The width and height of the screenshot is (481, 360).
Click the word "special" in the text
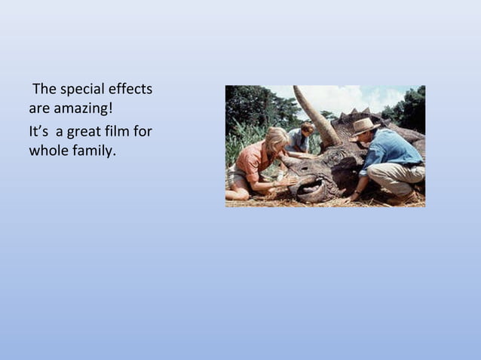pyautogui.click(x=79, y=90)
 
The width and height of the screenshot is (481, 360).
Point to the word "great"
pyautogui.click(x=84, y=133)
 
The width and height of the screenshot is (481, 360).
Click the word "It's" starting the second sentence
pyautogui.click(x=39, y=133)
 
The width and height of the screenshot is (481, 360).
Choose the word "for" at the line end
pyautogui.click(x=143, y=133)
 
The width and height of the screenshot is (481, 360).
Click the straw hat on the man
pyautogui.click(x=364, y=126)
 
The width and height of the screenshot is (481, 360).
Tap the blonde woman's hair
pyautogui.click(x=276, y=137)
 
